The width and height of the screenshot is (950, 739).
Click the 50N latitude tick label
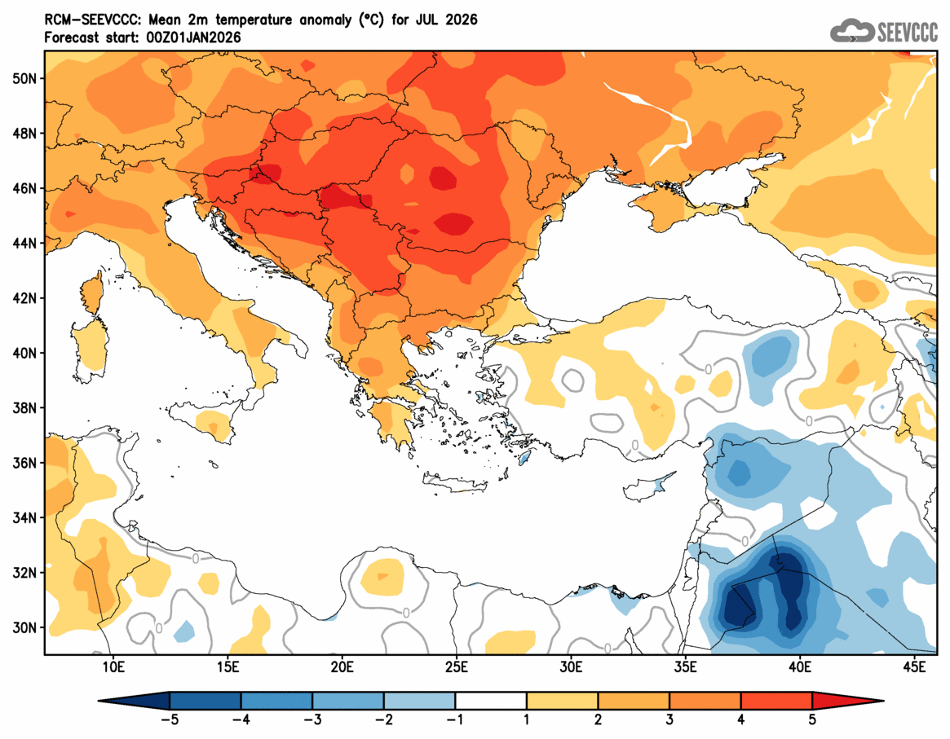(26, 78)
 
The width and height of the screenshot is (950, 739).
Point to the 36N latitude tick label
(26, 463)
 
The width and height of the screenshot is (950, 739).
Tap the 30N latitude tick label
(26, 627)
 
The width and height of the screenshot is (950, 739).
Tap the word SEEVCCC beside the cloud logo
(906, 33)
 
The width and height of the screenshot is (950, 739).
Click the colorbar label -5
(170, 719)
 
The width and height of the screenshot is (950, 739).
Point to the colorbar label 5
(812, 719)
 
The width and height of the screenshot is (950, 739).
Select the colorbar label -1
(455, 719)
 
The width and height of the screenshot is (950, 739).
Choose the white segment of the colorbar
(491, 701)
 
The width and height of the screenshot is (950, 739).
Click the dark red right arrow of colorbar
(848, 701)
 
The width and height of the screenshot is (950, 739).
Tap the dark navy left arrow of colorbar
(134, 701)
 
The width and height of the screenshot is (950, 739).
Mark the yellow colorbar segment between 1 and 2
(562, 701)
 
